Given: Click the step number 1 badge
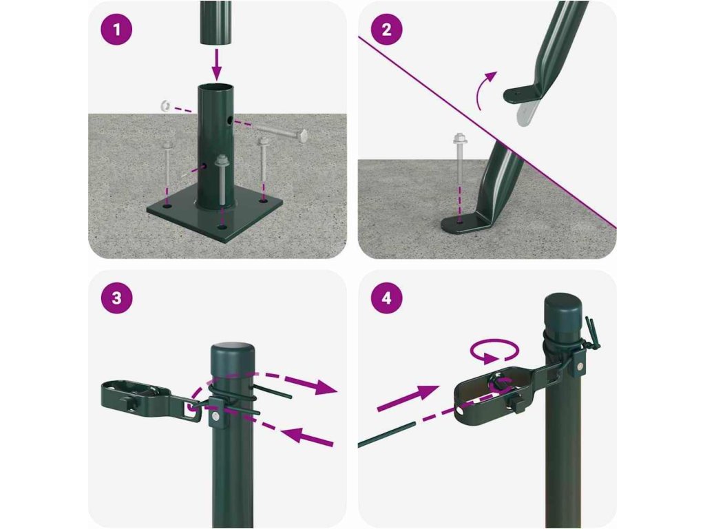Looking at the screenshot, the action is point(117,30).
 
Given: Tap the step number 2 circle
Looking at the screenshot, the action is point(387,30).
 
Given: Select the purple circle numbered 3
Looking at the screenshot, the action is point(117,298).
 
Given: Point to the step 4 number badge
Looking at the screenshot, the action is point(387,298).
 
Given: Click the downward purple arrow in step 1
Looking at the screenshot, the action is point(217,65).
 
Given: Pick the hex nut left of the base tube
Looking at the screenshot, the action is point(164,106).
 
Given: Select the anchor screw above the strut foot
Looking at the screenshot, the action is point(459,157).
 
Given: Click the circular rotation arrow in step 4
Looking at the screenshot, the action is point(494,350).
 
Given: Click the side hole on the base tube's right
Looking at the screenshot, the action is point(230,121).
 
